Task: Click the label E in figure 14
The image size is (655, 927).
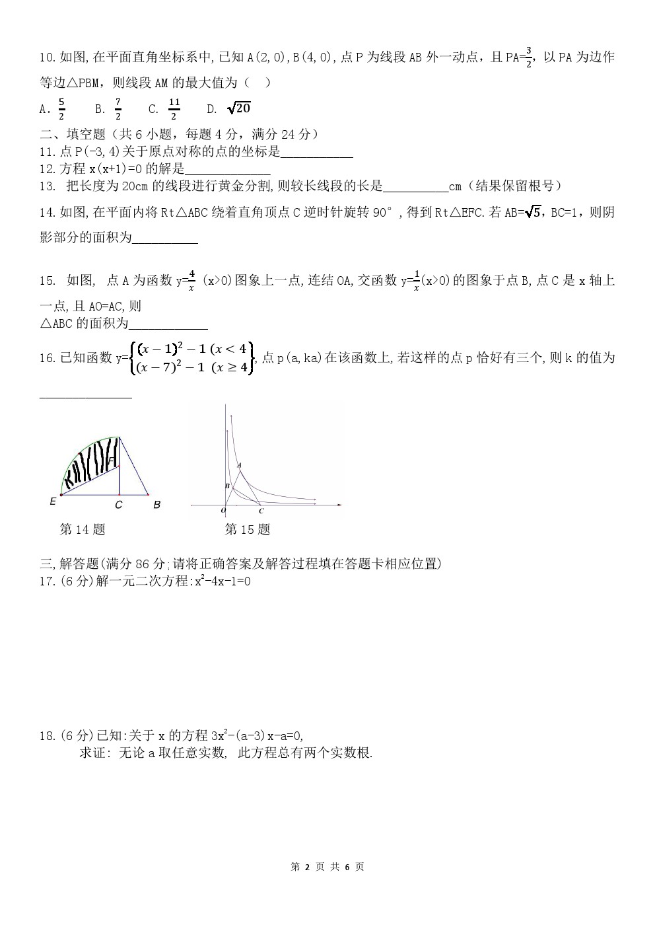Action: point(53,501)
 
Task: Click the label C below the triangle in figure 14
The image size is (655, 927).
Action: point(118,505)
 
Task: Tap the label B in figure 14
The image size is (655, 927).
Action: point(156,505)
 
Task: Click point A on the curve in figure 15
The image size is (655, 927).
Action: point(239,465)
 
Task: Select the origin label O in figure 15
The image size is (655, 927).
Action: point(223,510)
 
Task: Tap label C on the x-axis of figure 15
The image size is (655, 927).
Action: point(261,511)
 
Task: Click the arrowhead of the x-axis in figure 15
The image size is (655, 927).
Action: point(339,505)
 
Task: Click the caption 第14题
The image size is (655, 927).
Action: point(83,529)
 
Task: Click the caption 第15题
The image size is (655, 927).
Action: point(248,529)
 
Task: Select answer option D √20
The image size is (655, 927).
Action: point(238,108)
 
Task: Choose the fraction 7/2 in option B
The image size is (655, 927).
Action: point(118,108)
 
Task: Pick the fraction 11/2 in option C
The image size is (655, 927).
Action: point(174,108)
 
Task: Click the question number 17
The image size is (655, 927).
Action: point(48,581)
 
